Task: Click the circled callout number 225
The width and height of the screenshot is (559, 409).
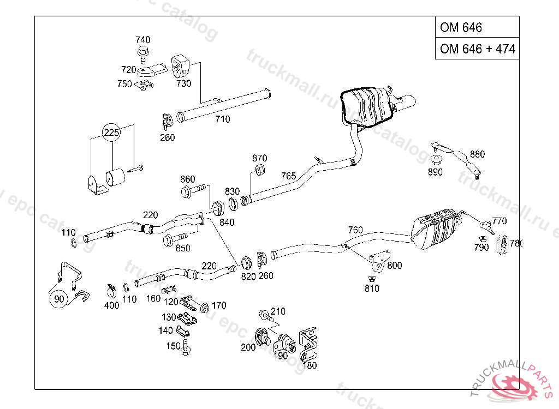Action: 112,133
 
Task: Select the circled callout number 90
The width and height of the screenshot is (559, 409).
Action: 59,298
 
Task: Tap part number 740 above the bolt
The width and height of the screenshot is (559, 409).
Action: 143,40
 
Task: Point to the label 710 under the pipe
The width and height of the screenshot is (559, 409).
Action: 222,119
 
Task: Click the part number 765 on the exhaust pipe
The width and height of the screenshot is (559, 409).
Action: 288,176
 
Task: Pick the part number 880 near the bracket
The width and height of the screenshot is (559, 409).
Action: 477,154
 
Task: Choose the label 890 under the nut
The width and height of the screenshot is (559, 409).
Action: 436,172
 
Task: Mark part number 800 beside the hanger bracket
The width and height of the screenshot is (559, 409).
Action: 394,266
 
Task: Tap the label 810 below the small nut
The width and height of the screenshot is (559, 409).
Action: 372,288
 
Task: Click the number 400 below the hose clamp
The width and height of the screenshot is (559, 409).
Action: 111,305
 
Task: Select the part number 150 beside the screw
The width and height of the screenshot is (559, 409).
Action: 173,346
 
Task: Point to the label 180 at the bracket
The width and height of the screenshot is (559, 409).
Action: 310,365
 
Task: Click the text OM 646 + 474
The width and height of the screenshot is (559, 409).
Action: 477,49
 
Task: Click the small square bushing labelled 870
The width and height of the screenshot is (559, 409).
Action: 260,170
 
